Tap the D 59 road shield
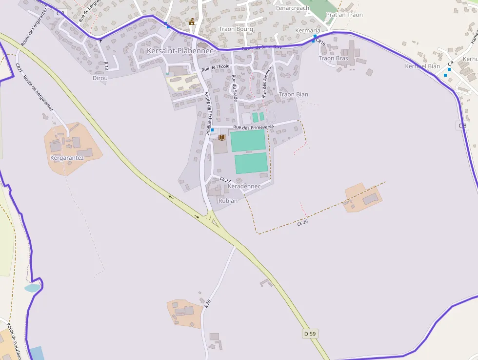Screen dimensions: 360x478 [310, 334]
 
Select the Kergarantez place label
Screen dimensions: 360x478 [67, 158]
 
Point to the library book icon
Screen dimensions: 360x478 [222, 138]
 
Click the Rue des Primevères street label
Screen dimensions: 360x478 [254, 127]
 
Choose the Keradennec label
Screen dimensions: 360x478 [244, 187]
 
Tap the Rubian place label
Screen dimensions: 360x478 [228, 201]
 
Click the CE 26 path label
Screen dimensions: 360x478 [303, 223]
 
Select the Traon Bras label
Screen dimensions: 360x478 [334, 59]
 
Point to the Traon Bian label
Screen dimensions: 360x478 [294, 94]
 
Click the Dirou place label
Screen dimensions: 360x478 [100, 78]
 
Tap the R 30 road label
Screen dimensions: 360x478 [207, 303]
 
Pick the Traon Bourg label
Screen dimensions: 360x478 [236, 29]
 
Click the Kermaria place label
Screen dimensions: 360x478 [308, 30]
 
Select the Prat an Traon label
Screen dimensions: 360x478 [344, 15]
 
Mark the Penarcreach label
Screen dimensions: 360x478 [292, 8]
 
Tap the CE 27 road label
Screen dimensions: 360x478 [225, 180]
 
